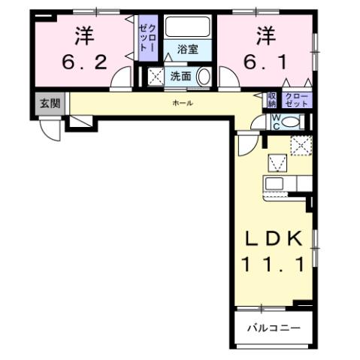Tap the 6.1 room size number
(265, 61)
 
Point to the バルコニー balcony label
(274, 329)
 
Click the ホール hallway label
(182, 102)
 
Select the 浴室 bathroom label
(188, 50)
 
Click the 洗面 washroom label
(180, 76)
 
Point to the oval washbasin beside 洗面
(203, 77)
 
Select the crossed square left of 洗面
(156, 76)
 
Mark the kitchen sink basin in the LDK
(274, 184)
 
